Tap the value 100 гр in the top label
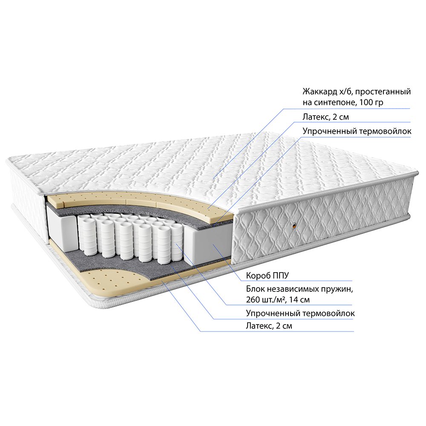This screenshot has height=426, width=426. (371, 103)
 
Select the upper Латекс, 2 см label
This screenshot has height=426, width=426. (326, 117)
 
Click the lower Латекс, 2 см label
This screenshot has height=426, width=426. (269, 326)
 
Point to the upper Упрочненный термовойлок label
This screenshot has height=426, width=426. (357, 131)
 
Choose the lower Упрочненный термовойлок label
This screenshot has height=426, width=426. (300, 313)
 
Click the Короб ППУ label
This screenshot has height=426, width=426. (268, 276)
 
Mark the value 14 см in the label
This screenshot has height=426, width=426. (299, 300)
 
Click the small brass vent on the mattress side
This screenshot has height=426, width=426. (294, 225)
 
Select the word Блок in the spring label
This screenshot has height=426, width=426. (255, 289)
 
